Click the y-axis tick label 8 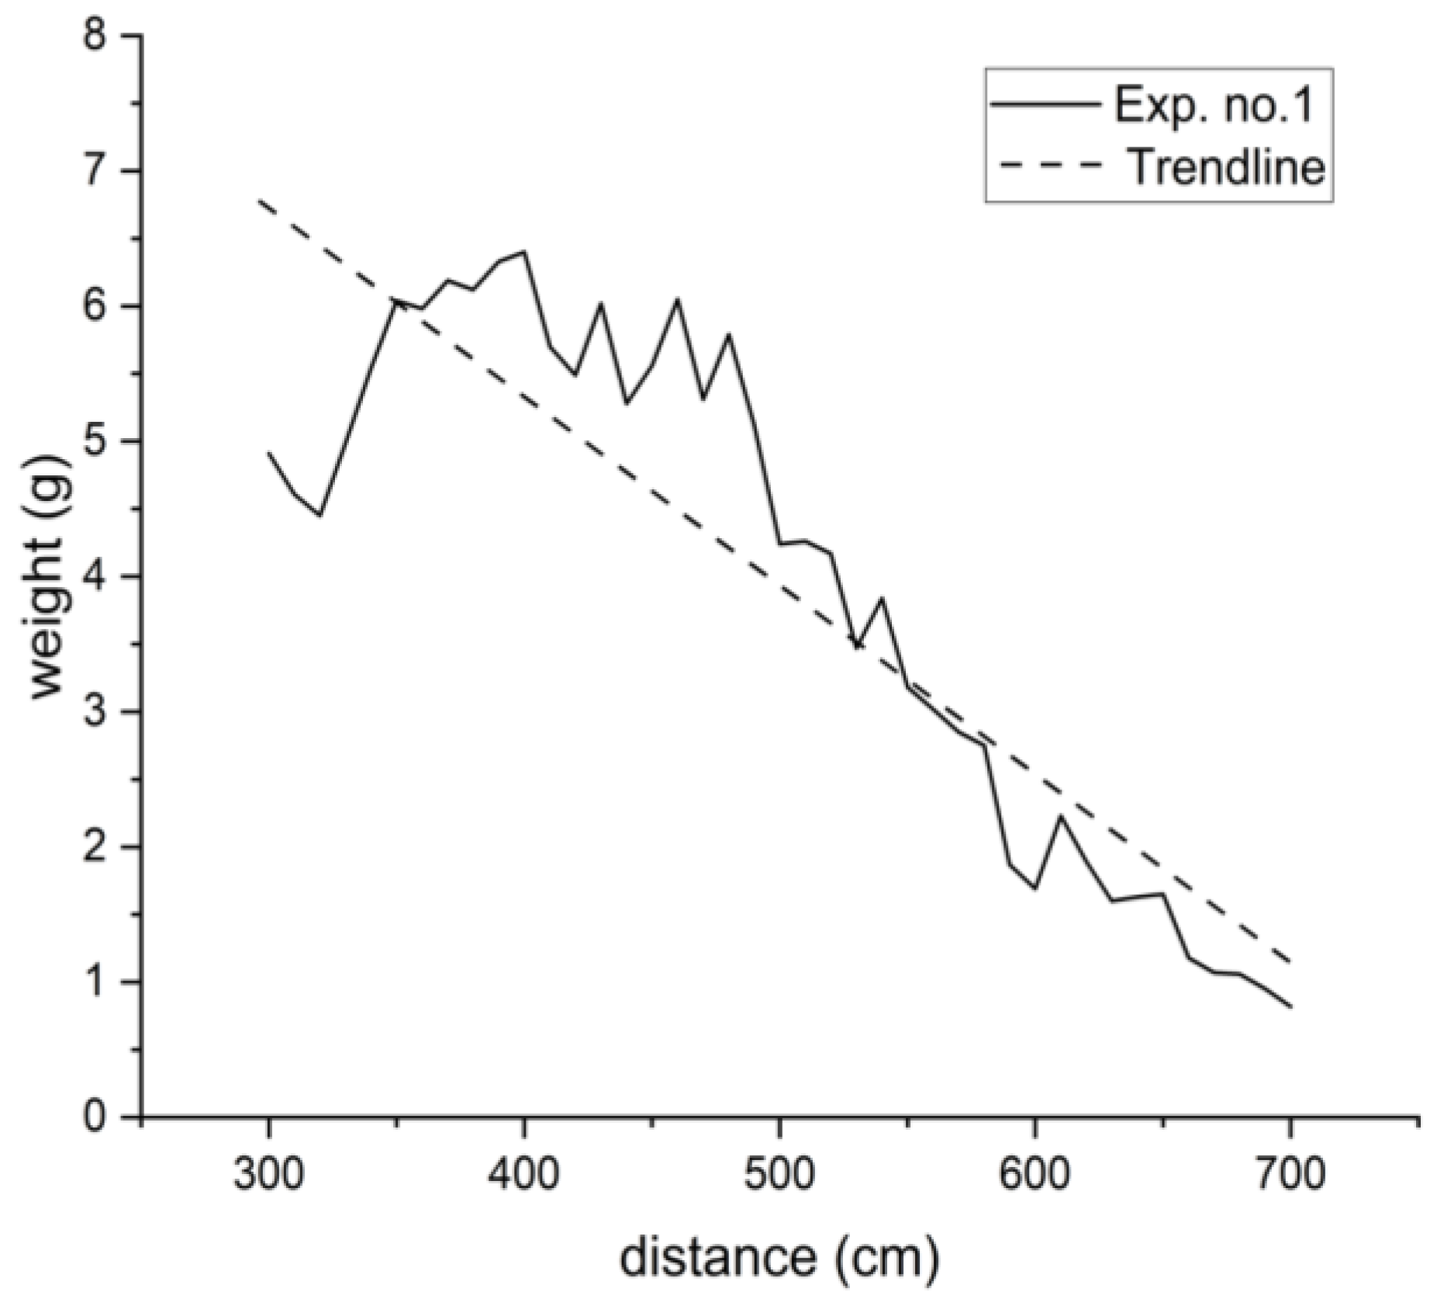point(104,36)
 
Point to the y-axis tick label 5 point(104,441)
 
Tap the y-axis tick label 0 point(104,1117)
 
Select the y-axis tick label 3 point(104,712)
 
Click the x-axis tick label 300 point(268,1173)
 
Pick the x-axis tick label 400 point(523,1173)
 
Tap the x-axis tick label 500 point(779,1173)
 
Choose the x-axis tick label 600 point(1035,1173)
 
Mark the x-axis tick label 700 point(1290,1173)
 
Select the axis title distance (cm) point(779,1257)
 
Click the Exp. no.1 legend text point(1214,105)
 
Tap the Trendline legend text point(1225,165)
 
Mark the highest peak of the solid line point(524,251)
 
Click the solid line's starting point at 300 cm point(268,453)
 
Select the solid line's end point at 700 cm point(1290,1007)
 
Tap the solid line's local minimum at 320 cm point(320,515)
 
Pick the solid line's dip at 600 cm point(1035,888)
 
